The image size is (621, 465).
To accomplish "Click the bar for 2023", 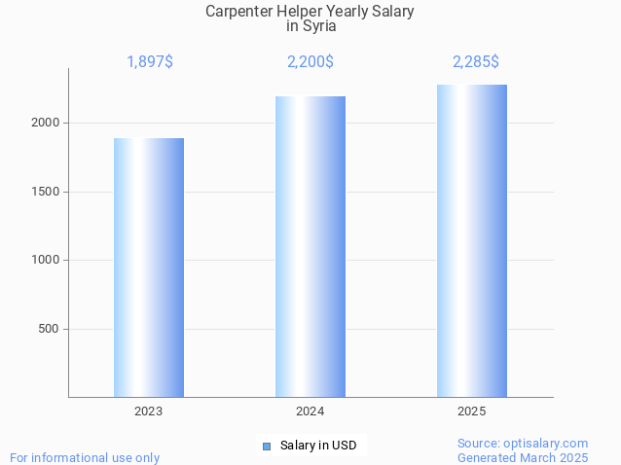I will [149, 268].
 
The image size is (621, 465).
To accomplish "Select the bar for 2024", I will [310, 246].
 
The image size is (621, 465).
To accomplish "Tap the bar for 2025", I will [472, 240].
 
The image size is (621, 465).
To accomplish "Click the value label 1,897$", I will [150, 62].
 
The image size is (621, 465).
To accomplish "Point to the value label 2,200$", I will [310, 62].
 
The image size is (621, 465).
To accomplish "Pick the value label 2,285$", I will [476, 62].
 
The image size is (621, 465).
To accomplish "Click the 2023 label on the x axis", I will [149, 412].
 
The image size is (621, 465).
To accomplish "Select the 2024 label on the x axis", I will [310, 412].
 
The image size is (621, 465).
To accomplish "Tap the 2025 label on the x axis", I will [472, 412].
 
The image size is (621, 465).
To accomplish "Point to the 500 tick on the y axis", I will [48, 329].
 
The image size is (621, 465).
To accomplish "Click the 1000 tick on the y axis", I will [45, 260].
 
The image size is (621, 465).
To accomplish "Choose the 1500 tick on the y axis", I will [45, 192].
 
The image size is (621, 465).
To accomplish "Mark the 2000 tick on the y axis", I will [45, 123].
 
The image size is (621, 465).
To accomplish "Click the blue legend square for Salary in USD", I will [267, 447].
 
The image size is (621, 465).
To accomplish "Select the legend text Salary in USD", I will [318, 447].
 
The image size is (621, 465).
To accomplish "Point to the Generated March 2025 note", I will [523, 457].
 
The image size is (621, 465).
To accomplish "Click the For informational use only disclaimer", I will [85, 457].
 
